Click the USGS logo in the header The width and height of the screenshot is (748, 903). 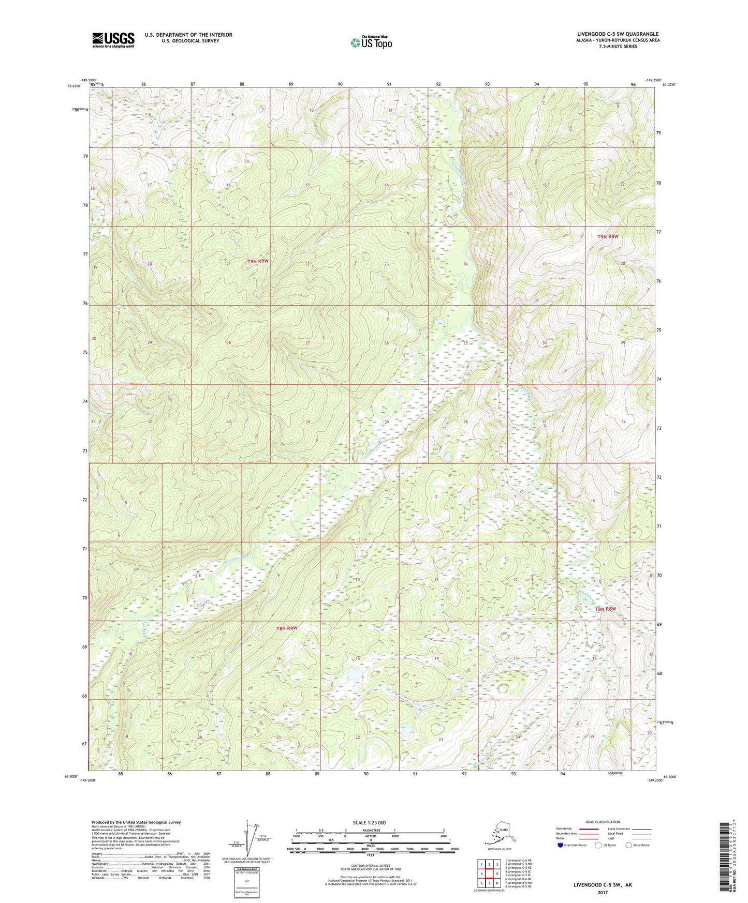pyautogui.click(x=113, y=40)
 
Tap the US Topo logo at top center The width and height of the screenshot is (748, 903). pyautogui.click(x=371, y=42)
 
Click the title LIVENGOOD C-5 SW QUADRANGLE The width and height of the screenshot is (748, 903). pyautogui.click(x=618, y=34)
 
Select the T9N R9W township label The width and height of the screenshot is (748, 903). pyautogui.click(x=258, y=262)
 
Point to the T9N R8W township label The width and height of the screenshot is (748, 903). pyautogui.click(x=608, y=236)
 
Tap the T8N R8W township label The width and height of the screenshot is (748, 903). pyautogui.click(x=606, y=609)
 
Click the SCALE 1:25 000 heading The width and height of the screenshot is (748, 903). pyautogui.click(x=370, y=822)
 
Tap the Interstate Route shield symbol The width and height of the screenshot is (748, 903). pyautogui.click(x=561, y=846)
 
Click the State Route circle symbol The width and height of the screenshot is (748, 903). pyautogui.click(x=629, y=846)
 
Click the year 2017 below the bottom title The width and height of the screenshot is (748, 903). pyautogui.click(x=603, y=892)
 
